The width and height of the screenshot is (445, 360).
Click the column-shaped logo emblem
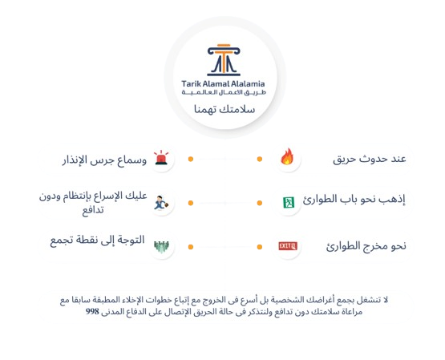pyautogui.click(x=224, y=60)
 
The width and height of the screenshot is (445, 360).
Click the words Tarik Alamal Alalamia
pyautogui.click(x=223, y=83)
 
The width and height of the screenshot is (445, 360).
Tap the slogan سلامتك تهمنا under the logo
pyautogui.click(x=225, y=109)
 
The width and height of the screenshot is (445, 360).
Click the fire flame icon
pyautogui.click(x=287, y=156)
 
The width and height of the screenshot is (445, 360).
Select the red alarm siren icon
pyautogui.click(x=161, y=158)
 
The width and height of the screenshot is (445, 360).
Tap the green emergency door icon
pyautogui.click(x=289, y=202)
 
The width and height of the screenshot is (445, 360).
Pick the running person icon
pyautogui.click(x=161, y=203)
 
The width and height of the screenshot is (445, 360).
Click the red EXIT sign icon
pyautogui.click(x=288, y=245)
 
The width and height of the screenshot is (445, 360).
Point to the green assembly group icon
pyautogui.click(x=161, y=247)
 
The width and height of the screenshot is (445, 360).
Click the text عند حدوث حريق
pyautogui.click(x=370, y=159)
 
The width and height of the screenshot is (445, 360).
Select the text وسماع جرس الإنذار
pyautogui.click(x=104, y=160)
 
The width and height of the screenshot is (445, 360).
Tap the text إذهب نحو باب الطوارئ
pyautogui.click(x=354, y=199)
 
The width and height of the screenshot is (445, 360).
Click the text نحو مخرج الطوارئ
pyautogui.click(x=366, y=245)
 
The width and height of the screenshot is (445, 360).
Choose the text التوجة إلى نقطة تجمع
pyautogui.click(x=97, y=241)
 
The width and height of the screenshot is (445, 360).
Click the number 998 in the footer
pyautogui.click(x=92, y=311)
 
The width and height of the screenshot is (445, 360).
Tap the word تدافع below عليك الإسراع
pyautogui.click(x=93, y=210)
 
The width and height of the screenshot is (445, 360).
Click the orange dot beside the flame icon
pyautogui.click(x=260, y=159)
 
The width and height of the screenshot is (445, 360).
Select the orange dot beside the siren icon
pyautogui.click(x=191, y=159)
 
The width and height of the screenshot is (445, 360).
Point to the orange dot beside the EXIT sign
pyautogui.click(x=260, y=247)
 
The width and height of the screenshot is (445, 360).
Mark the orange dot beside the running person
pyautogui.click(x=191, y=203)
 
